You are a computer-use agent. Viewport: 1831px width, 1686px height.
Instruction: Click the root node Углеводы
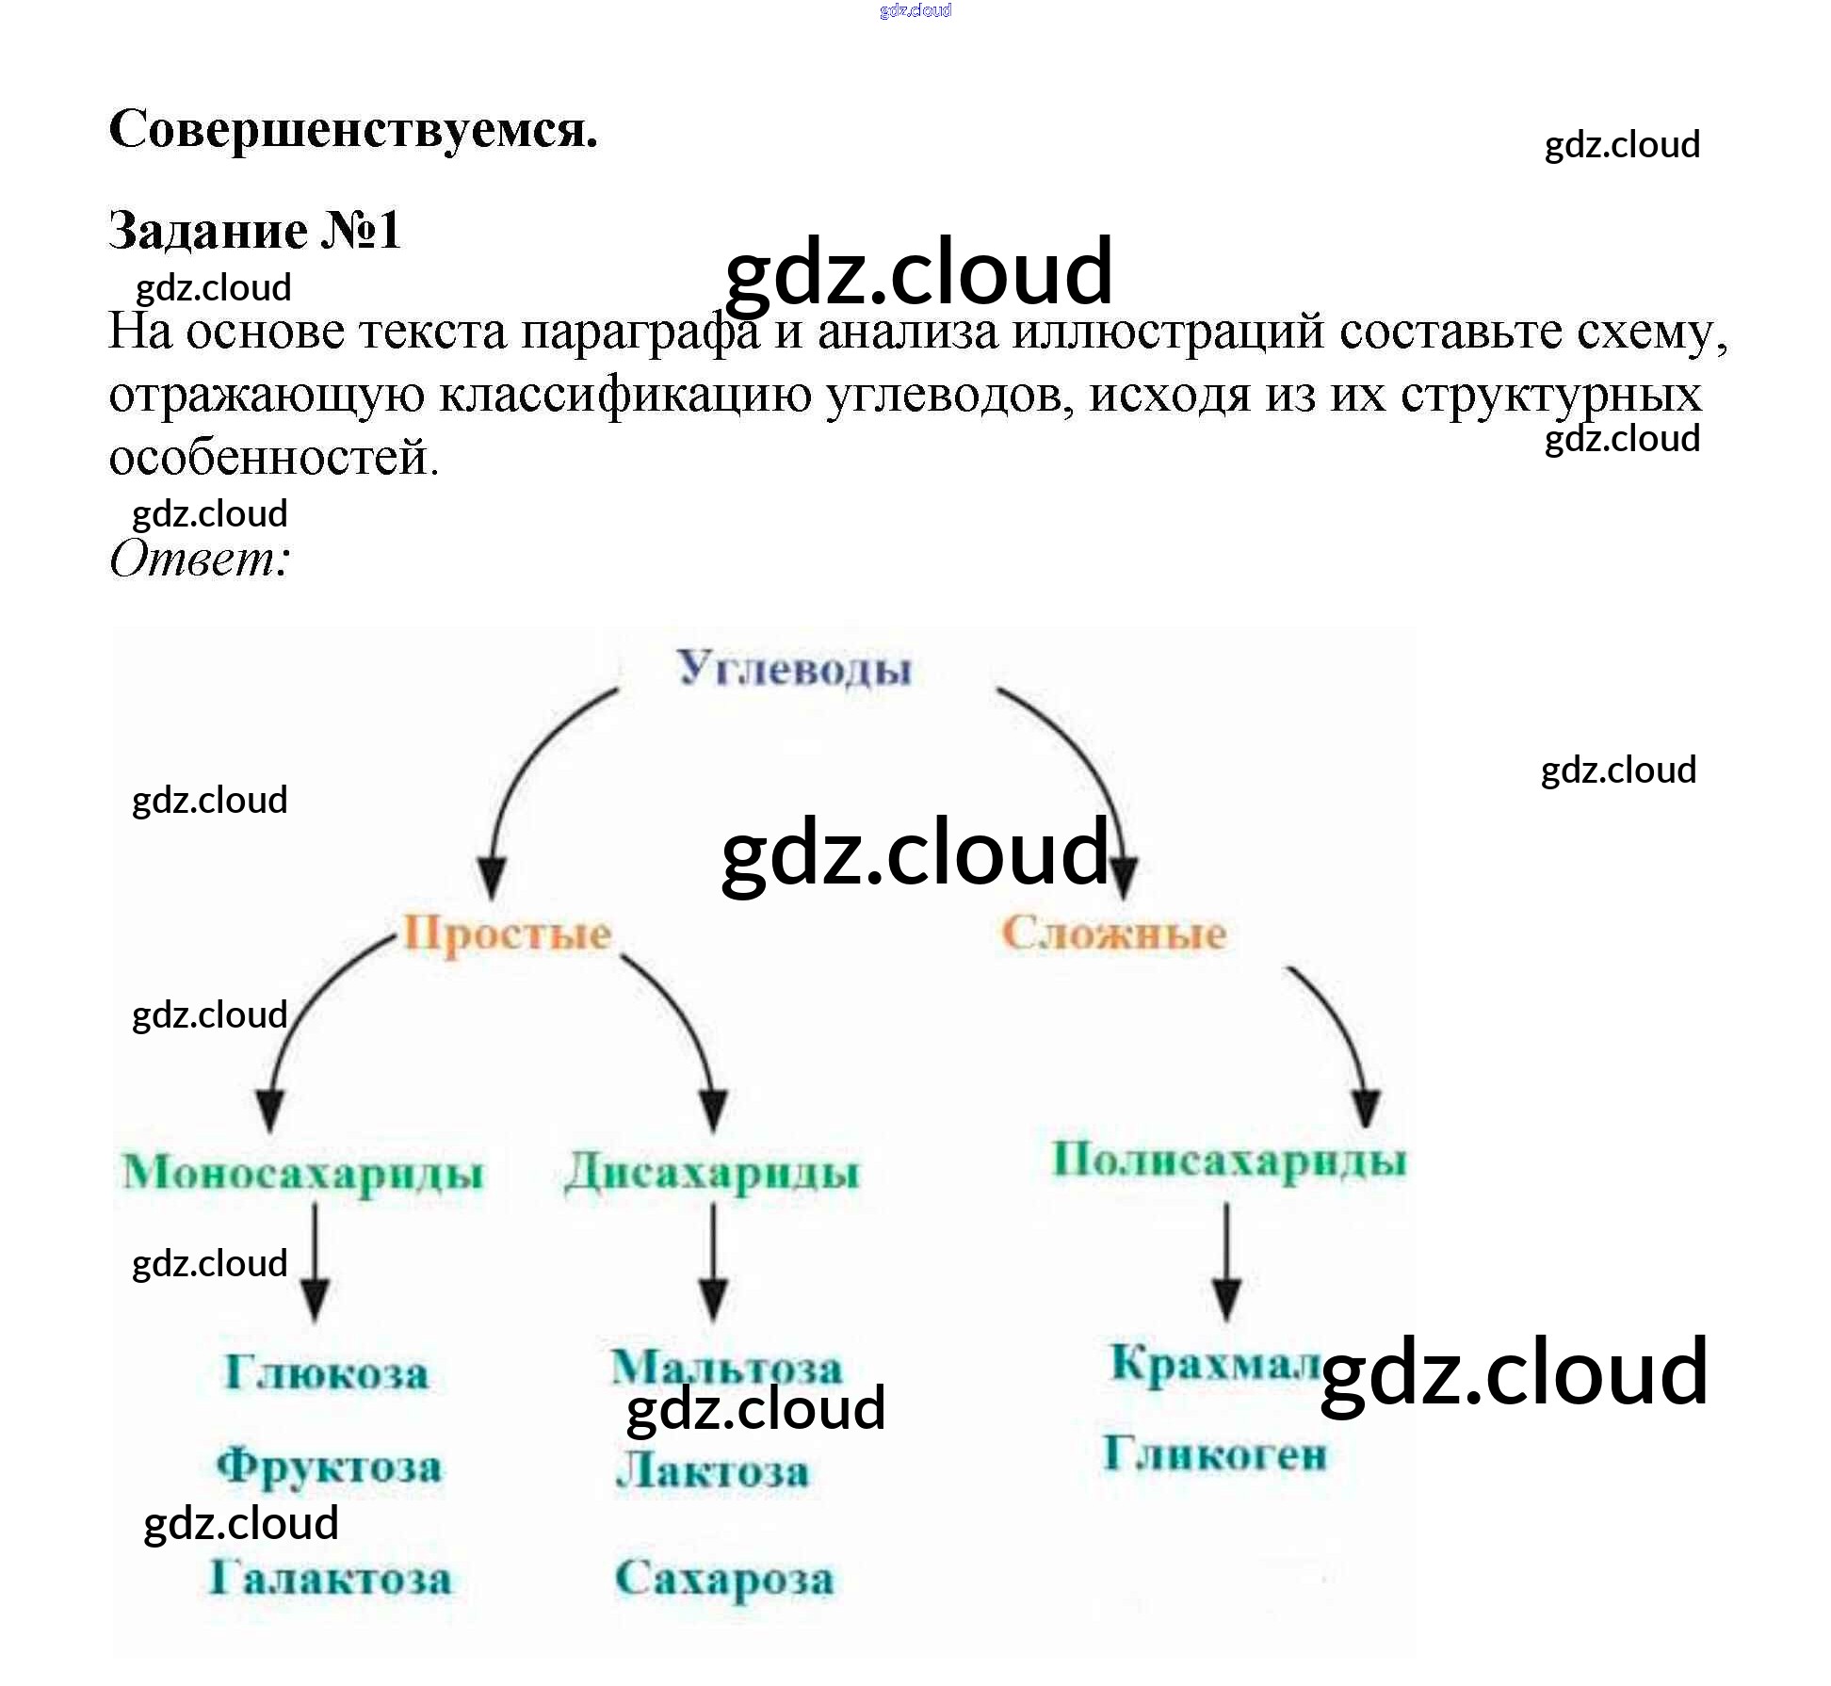pyautogui.click(x=794, y=669)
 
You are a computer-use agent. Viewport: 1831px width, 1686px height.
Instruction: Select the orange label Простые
pyautogui.click(x=508, y=934)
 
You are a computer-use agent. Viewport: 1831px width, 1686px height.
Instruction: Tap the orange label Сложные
pyautogui.click(x=1113, y=933)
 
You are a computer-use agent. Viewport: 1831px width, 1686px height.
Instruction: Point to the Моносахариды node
pyautogui.click(x=302, y=1174)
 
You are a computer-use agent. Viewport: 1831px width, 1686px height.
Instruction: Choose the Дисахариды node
pyautogui.click(x=712, y=1174)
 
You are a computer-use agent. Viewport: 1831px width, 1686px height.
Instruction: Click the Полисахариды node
pyautogui.click(x=1228, y=1160)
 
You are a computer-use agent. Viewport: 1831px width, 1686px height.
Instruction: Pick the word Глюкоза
pyautogui.click(x=326, y=1372)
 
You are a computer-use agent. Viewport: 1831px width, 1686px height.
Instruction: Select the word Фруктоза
pyautogui.click(x=329, y=1467)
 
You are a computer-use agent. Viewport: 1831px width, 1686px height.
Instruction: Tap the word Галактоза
pyautogui.click(x=330, y=1579)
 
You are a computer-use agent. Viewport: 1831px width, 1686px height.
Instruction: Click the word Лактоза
pyautogui.click(x=712, y=1471)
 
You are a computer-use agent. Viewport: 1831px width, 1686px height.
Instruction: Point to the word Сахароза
pyautogui.click(x=724, y=1580)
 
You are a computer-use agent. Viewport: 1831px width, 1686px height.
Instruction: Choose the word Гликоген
pyautogui.click(x=1215, y=1453)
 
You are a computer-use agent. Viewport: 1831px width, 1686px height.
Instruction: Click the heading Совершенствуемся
pyautogui.click(x=353, y=129)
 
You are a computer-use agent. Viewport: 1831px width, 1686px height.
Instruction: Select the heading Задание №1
pyautogui.click(x=255, y=230)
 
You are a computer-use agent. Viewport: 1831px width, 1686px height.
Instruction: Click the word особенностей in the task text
pyautogui.click(x=273, y=458)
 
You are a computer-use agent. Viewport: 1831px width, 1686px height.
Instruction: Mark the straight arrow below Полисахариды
pyautogui.click(x=1225, y=1262)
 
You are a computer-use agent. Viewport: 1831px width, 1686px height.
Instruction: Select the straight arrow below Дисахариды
pyautogui.click(x=713, y=1262)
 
